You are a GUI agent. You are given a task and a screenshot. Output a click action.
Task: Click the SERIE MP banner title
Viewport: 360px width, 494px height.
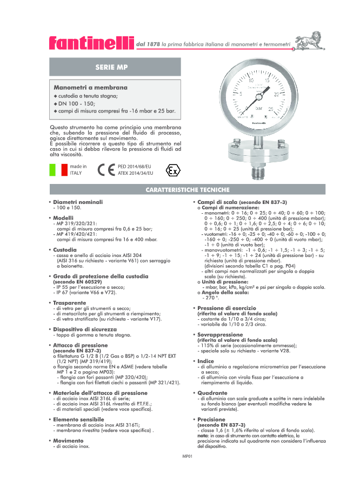click(x=112, y=67)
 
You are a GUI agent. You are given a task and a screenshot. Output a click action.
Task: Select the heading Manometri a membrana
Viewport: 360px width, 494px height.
click(x=90, y=87)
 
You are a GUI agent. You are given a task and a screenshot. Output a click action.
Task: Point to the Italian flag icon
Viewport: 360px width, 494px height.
click(x=58, y=169)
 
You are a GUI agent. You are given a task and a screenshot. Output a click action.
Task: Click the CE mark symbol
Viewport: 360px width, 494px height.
click(x=105, y=169)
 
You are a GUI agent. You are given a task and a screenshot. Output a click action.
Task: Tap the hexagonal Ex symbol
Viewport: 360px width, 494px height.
click(x=173, y=170)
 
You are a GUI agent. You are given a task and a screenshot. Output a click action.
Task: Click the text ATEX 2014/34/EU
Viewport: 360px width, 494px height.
click(x=135, y=173)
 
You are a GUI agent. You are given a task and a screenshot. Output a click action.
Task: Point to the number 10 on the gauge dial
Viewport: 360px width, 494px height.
click(x=250, y=81)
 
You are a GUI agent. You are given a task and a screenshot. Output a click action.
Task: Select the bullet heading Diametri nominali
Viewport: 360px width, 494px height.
click(x=78, y=202)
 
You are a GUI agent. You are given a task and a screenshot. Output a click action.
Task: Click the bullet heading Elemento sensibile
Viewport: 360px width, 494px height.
click(x=78, y=419)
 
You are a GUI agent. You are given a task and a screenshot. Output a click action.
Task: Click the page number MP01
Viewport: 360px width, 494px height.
click(x=188, y=456)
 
